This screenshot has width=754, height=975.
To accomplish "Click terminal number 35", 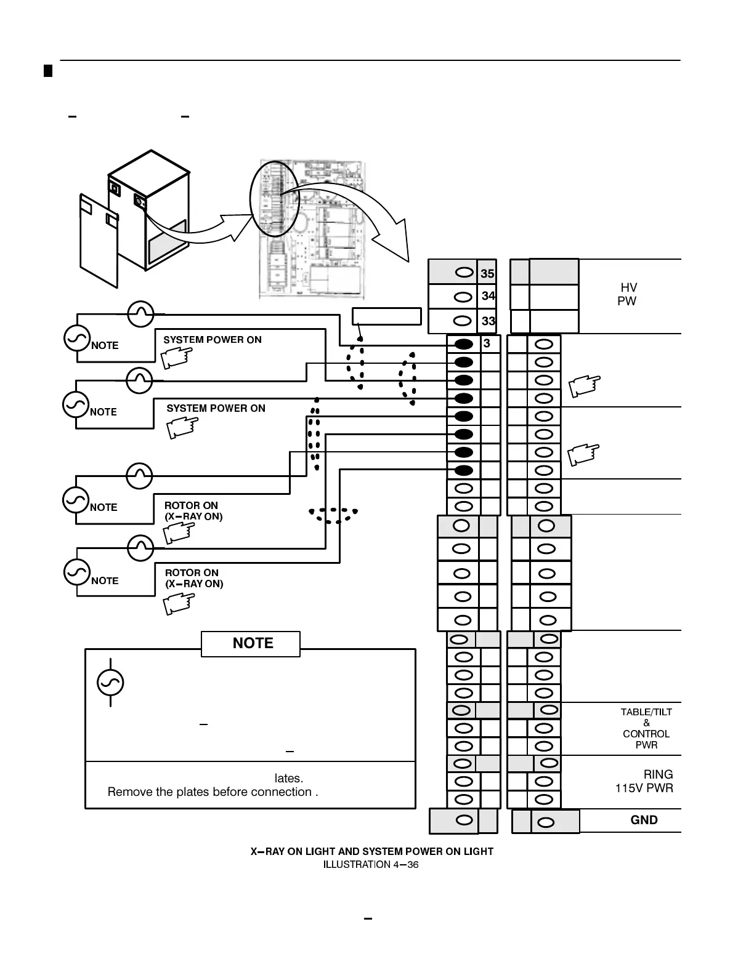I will coord(487,273).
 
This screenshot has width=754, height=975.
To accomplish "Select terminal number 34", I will coord(488,296).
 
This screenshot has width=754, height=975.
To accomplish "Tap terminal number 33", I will coord(488,321).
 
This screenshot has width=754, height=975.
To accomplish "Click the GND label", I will coord(644,820).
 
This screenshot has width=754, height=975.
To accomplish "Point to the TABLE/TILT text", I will coord(646,712).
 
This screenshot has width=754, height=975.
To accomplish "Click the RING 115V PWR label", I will coord(645,781).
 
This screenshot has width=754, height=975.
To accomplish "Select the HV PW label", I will coord(628,294).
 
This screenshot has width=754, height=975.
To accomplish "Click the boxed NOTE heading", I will coord(253,643).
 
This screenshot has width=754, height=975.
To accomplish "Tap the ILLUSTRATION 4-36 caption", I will coord(371,865).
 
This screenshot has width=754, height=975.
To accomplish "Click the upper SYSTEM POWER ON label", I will coord(212,340).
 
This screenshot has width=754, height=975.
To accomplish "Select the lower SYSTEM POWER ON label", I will coord(216,408).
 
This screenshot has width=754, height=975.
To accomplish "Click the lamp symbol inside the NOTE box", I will coord(111,682).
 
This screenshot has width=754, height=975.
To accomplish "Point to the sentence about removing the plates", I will coord(213,792).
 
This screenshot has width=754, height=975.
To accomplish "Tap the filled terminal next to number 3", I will coord(464,343).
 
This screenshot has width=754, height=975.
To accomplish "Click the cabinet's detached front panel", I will coord(99,239).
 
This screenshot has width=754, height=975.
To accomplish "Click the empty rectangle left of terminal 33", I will coord(387,316).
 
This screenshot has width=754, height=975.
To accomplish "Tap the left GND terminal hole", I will coord(466,821).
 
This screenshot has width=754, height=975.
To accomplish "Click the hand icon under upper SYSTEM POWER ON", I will coord(176,358).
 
